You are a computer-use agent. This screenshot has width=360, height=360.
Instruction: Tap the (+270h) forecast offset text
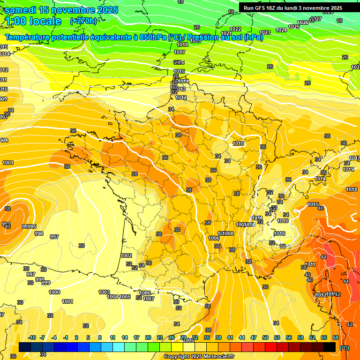83,21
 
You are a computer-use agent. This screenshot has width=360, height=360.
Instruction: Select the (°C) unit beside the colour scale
345,347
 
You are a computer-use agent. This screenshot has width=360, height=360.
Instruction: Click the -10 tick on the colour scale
32,337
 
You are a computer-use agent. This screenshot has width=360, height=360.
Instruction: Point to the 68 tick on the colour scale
336,337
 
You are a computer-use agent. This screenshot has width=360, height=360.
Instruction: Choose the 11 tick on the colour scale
112,337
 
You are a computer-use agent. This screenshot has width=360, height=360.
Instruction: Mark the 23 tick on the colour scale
160,337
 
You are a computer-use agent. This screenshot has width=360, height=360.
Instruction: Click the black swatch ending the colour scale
330,347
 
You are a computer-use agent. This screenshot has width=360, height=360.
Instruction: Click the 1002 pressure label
126,255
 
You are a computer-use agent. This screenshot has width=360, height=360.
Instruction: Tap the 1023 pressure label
265,32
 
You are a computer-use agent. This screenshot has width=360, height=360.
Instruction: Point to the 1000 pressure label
54,292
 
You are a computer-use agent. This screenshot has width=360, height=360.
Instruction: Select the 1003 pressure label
104,292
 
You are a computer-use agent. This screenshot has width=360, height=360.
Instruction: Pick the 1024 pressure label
281,30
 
